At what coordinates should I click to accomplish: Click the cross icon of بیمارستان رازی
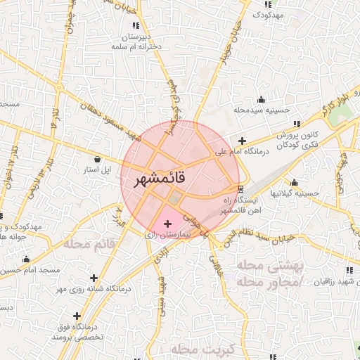167,224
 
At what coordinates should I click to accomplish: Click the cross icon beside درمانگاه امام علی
243,141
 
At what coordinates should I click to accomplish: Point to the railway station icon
241,188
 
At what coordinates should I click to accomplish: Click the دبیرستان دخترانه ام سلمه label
136,40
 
